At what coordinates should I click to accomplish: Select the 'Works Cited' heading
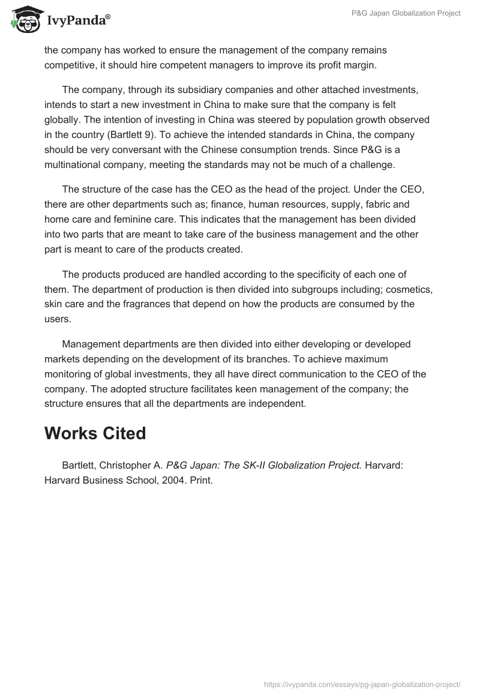[95, 433]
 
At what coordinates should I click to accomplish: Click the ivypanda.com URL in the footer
[362, 683]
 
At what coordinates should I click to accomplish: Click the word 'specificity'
[314, 275]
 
